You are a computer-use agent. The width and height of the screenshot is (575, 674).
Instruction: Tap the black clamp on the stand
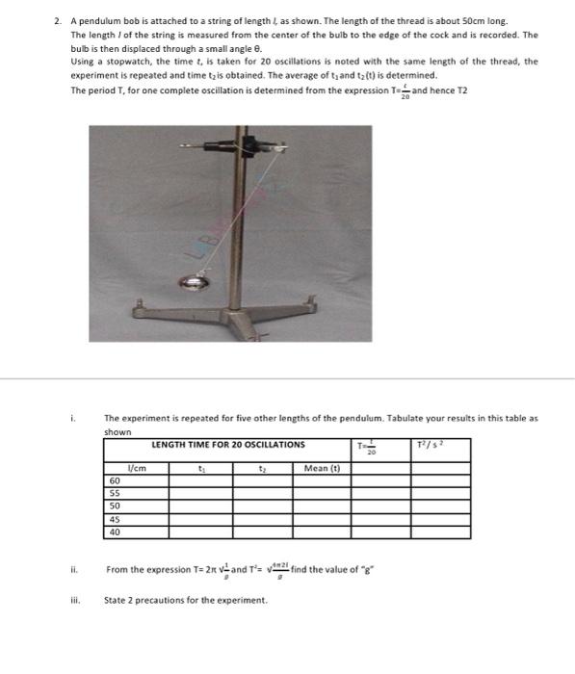pos(253,145)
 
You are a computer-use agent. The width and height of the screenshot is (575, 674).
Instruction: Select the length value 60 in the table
pos(116,480)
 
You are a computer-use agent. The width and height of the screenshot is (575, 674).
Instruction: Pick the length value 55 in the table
pos(116,492)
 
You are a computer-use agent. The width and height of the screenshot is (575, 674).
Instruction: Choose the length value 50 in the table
pos(116,505)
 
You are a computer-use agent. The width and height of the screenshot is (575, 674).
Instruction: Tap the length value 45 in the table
pos(116,518)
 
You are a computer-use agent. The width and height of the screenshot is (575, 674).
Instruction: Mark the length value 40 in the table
pos(116,531)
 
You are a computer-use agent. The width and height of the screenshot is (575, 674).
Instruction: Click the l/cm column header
pos(136,468)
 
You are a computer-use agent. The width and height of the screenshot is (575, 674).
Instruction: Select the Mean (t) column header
pos(322,468)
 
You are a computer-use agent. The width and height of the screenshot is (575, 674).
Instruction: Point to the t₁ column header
pos(200,468)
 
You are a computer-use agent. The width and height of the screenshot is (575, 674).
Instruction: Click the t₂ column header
pos(262,468)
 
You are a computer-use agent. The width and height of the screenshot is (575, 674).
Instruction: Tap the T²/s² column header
pos(430,445)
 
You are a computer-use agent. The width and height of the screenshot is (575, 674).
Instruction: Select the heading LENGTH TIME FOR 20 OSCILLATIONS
pos(228,445)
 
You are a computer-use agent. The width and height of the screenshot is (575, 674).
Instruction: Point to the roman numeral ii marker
pos(72,569)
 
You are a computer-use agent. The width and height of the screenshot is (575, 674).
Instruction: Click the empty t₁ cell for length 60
pos(200,480)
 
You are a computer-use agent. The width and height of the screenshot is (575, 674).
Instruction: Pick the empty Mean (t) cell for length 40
pos(322,531)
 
